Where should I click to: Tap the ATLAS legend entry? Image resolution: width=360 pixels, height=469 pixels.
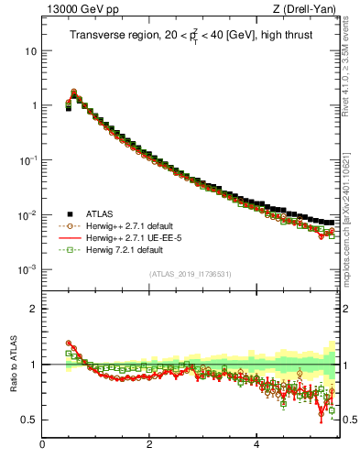(96, 213)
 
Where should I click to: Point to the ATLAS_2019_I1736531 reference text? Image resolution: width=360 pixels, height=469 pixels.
(190, 275)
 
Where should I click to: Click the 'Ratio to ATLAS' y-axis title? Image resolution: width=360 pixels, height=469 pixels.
(12, 365)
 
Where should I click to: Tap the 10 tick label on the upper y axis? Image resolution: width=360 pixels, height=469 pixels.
(30, 50)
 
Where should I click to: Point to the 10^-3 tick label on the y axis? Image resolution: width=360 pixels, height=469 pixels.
(27, 269)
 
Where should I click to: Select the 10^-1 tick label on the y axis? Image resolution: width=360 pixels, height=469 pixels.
(27, 159)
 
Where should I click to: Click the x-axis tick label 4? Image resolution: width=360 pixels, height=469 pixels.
(256, 446)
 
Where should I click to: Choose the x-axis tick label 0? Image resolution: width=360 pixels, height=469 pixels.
(43, 446)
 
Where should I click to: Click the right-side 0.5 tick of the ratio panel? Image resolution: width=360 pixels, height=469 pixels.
(347, 420)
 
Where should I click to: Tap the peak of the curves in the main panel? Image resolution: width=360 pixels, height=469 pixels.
(73, 92)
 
